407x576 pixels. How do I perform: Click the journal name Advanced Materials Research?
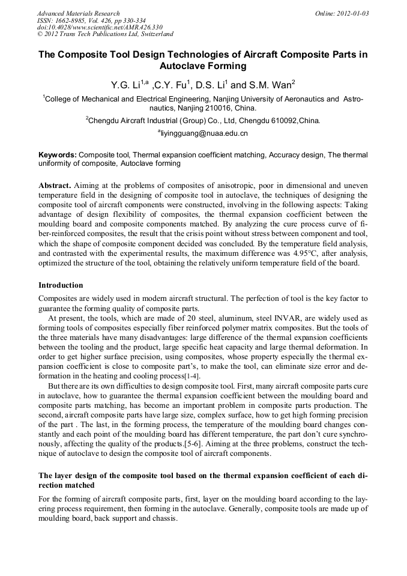coord(78,13)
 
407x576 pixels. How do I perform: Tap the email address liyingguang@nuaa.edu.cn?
coord(204,133)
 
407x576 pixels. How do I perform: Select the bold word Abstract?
coord(55,184)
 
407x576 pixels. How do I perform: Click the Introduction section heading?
coord(61,285)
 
